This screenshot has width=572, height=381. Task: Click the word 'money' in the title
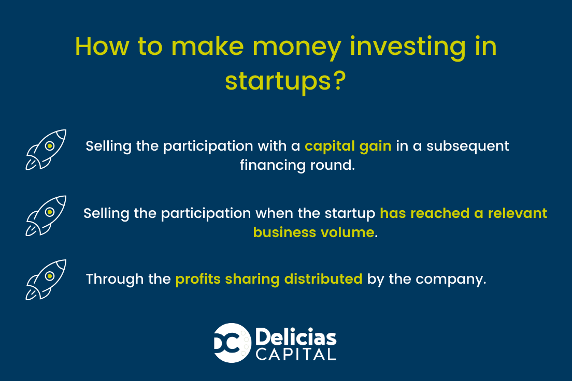click(296, 48)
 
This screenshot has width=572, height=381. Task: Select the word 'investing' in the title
click(408, 48)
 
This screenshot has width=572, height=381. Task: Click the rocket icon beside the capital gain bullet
click(46, 150)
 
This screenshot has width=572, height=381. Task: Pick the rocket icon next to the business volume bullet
click(46, 216)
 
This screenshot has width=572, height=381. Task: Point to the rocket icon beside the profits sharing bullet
click(46, 280)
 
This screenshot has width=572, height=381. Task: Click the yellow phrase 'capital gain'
click(348, 146)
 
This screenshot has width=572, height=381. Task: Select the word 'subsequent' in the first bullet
click(468, 146)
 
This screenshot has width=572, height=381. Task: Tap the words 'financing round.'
click(297, 165)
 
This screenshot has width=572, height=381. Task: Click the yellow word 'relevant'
click(518, 213)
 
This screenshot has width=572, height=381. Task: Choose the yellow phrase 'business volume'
click(314, 232)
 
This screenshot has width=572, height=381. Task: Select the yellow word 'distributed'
click(323, 279)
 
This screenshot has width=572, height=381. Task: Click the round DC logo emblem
click(232, 343)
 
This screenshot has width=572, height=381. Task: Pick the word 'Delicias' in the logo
click(296, 337)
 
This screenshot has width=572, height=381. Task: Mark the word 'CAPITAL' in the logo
click(296, 355)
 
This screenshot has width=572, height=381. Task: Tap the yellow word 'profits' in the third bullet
click(198, 280)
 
